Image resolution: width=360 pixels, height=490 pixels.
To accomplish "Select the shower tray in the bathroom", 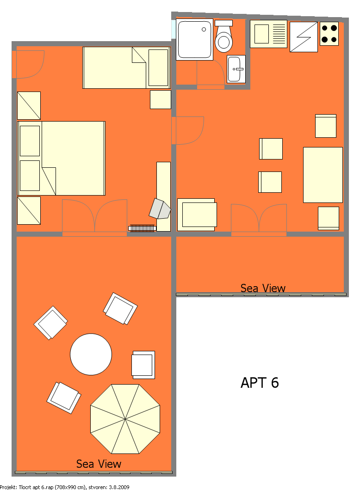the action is pyautogui.click(x=194, y=39).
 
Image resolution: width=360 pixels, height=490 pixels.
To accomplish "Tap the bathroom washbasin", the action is pyautogui.click(x=236, y=69).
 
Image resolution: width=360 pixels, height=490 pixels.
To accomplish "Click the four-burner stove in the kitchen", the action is pyautogui.click(x=329, y=34).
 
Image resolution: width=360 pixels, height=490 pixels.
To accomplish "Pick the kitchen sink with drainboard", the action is pyautogui.click(x=268, y=34).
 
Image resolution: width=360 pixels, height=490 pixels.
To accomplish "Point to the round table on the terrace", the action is pyautogui.click(x=91, y=354).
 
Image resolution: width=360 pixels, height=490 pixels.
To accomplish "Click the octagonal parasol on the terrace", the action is pyautogui.click(x=125, y=419).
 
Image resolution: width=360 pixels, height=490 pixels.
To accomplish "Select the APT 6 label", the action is pyautogui.click(x=260, y=382).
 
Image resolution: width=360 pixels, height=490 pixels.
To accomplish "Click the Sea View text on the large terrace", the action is pyautogui.click(x=99, y=464).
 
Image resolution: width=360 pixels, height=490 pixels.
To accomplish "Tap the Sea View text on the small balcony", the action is pyautogui.click(x=263, y=288).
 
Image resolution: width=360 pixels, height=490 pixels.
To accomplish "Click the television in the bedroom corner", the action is pyautogui.click(x=160, y=209).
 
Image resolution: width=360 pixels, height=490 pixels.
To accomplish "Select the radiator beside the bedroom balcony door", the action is pyautogui.click(x=142, y=228).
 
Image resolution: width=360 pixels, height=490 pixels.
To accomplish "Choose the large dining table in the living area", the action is pyautogui.click(x=323, y=175).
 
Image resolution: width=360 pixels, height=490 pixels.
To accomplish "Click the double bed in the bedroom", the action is pyautogui.click(x=61, y=158).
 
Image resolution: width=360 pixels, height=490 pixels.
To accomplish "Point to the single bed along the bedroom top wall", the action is pyautogui.click(x=126, y=67).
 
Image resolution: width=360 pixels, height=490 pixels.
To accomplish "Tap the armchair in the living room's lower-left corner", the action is pyautogui.click(x=197, y=214).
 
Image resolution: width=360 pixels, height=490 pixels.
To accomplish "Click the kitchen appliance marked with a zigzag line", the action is pyautogui.click(x=304, y=37).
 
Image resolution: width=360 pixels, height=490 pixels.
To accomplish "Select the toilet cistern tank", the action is pyautogui.click(x=223, y=23).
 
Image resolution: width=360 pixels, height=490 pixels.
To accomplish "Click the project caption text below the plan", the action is pyautogui.click(x=64, y=487).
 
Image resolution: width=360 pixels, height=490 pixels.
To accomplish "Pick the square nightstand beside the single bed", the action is pyautogui.click(x=161, y=99).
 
